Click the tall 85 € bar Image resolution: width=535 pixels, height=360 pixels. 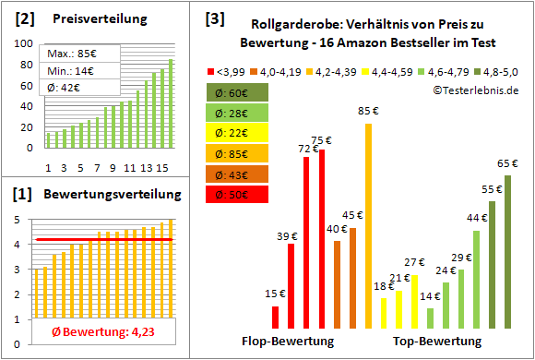(368, 226)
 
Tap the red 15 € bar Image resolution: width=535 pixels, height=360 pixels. (275, 318)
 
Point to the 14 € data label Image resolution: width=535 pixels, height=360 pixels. (430, 296)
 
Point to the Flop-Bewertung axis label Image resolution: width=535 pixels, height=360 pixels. (288, 341)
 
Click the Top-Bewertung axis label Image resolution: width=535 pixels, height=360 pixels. (437, 341)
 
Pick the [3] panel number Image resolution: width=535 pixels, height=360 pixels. (214, 18)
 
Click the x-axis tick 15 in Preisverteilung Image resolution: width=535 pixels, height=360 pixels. (162, 167)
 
